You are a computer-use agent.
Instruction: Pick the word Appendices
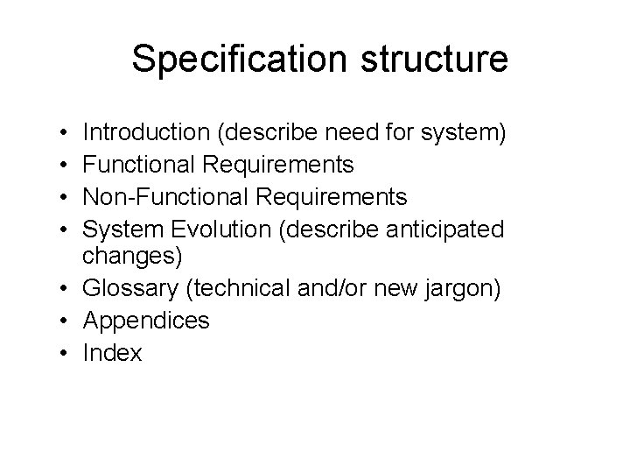(x=146, y=321)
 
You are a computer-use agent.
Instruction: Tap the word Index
(x=112, y=352)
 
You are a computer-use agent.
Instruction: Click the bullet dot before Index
(x=66, y=353)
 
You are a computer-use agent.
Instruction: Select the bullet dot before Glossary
(x=66, y=290)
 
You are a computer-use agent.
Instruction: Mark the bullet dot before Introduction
(x=66, y=134)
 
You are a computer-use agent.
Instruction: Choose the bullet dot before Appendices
(x=66, y=321)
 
